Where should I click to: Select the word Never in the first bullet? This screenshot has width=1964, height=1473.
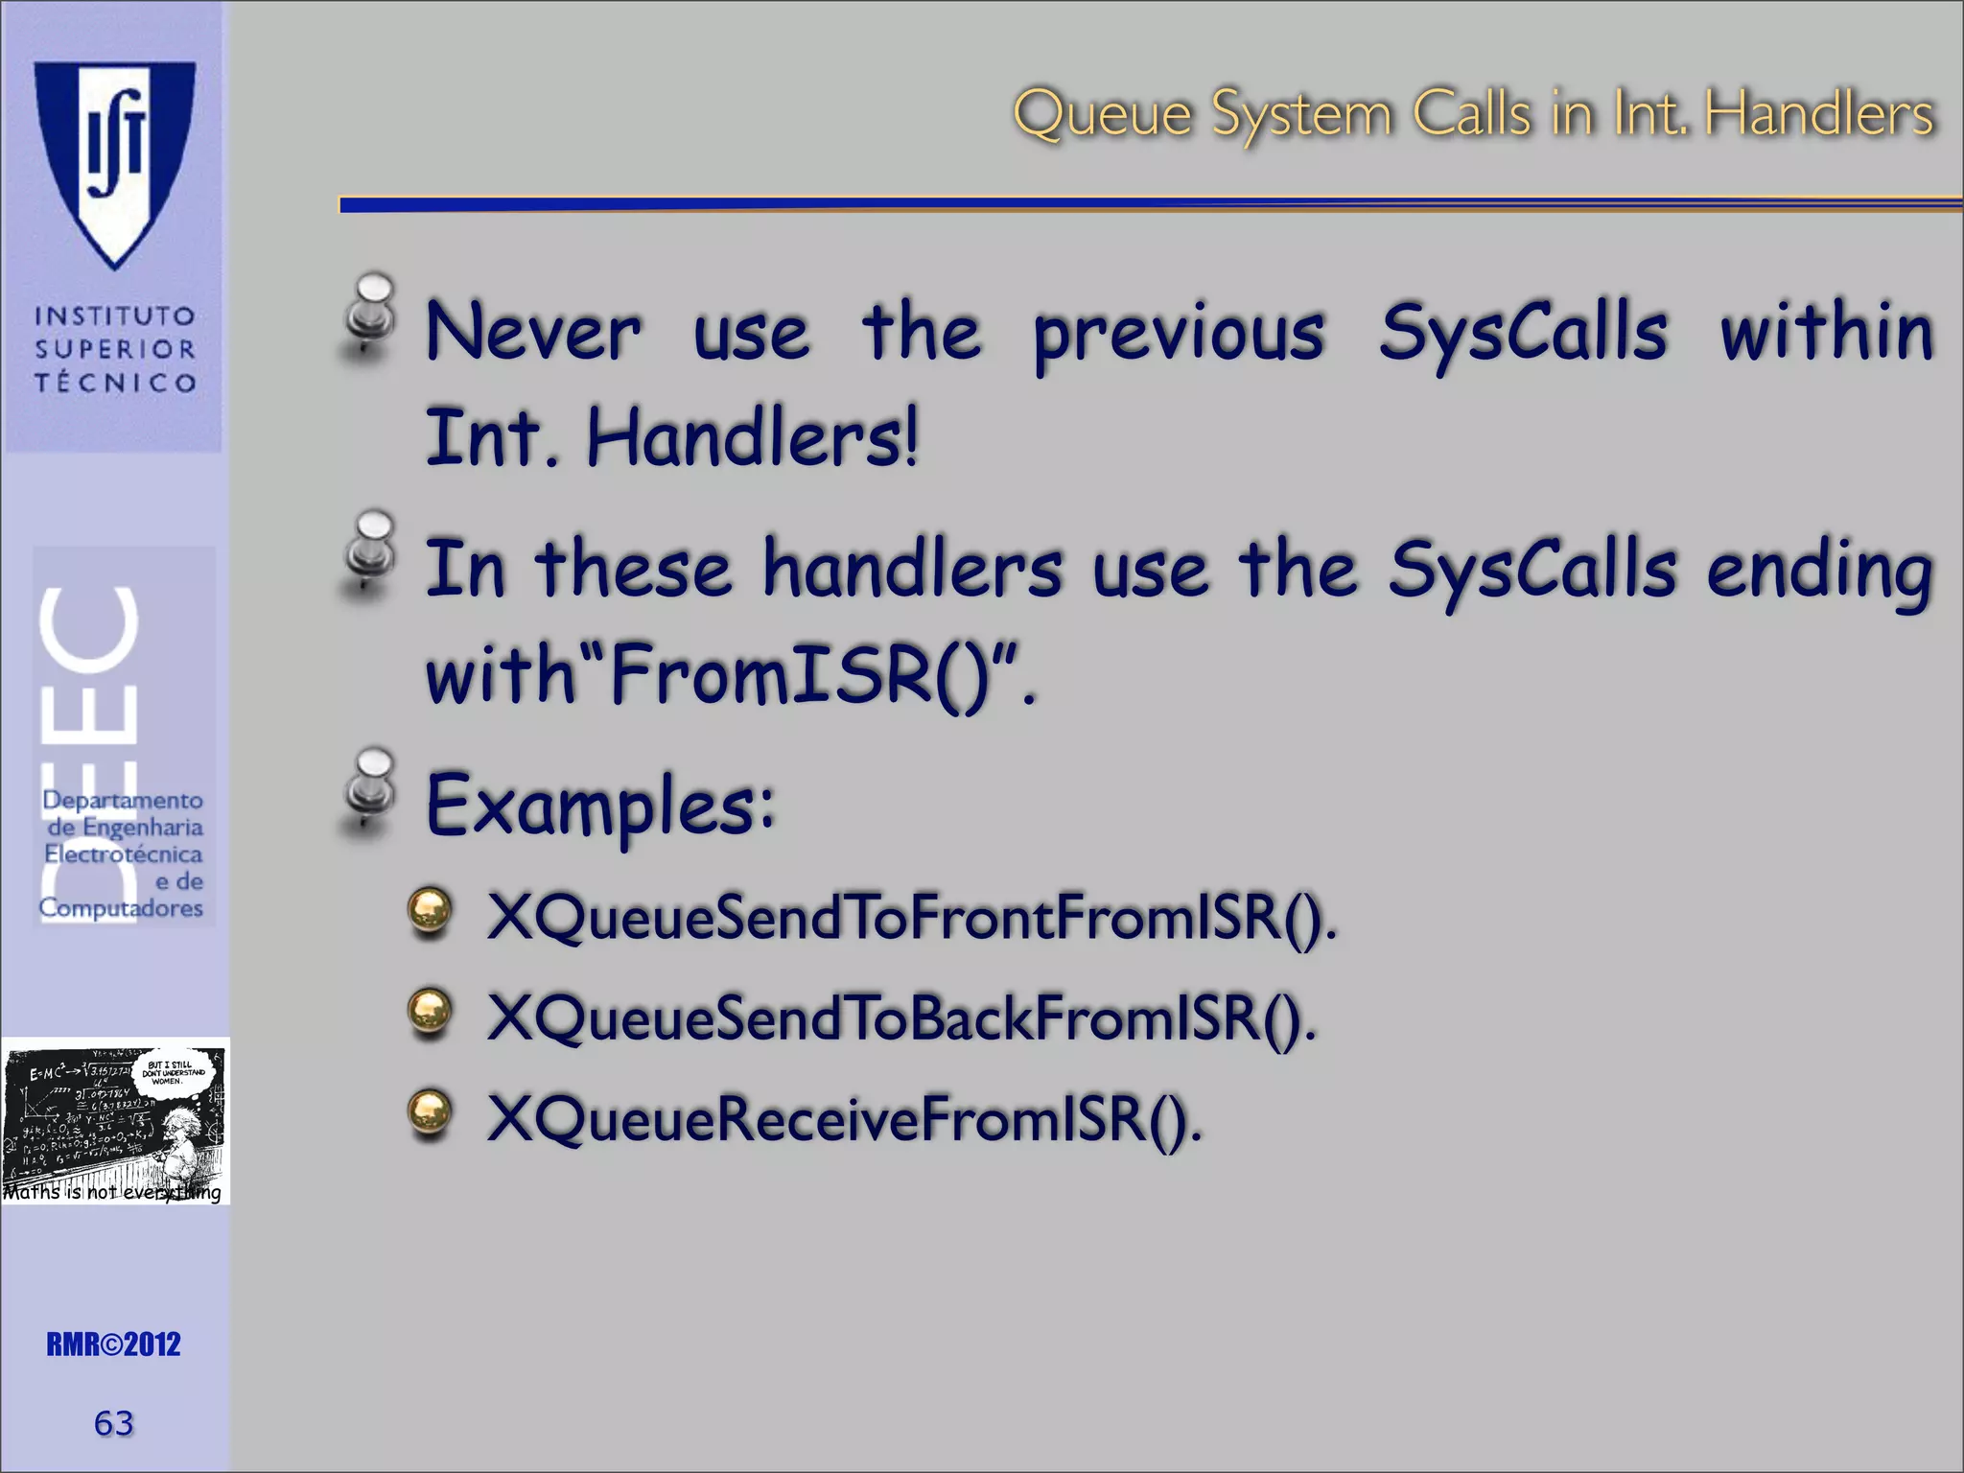533,332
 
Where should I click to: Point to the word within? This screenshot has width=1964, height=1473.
1826,332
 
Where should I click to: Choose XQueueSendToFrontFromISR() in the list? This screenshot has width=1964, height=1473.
911,918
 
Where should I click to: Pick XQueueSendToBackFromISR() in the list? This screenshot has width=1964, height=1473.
901,1017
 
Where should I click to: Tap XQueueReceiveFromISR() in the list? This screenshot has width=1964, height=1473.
844,1118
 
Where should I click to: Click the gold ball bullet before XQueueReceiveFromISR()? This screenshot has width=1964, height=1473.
429,1113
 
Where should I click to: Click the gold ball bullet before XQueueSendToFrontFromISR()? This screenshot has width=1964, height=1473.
429,912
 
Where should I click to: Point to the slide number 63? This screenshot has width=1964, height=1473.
113,1423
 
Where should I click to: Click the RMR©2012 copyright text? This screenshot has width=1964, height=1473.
113,1344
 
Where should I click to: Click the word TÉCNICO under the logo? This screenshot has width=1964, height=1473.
115,383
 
